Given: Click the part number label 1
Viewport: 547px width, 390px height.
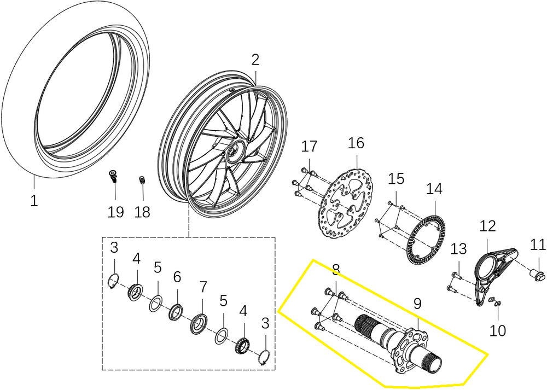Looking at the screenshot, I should click(34, 201).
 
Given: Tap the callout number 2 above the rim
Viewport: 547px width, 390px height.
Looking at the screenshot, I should click(255, 60).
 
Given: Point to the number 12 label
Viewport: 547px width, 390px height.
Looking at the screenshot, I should click(487, 225).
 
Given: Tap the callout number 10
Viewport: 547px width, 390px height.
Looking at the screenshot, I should click(498, 330).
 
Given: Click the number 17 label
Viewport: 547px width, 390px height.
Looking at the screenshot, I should click(309, 147).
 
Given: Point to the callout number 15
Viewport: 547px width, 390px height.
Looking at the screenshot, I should click(396, 178).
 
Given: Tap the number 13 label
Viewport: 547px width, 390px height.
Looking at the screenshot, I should click(458, 249).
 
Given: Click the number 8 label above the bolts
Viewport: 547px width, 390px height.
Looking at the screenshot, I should click(336, 269).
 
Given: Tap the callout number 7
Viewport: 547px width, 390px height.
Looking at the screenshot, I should click(203, 286).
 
